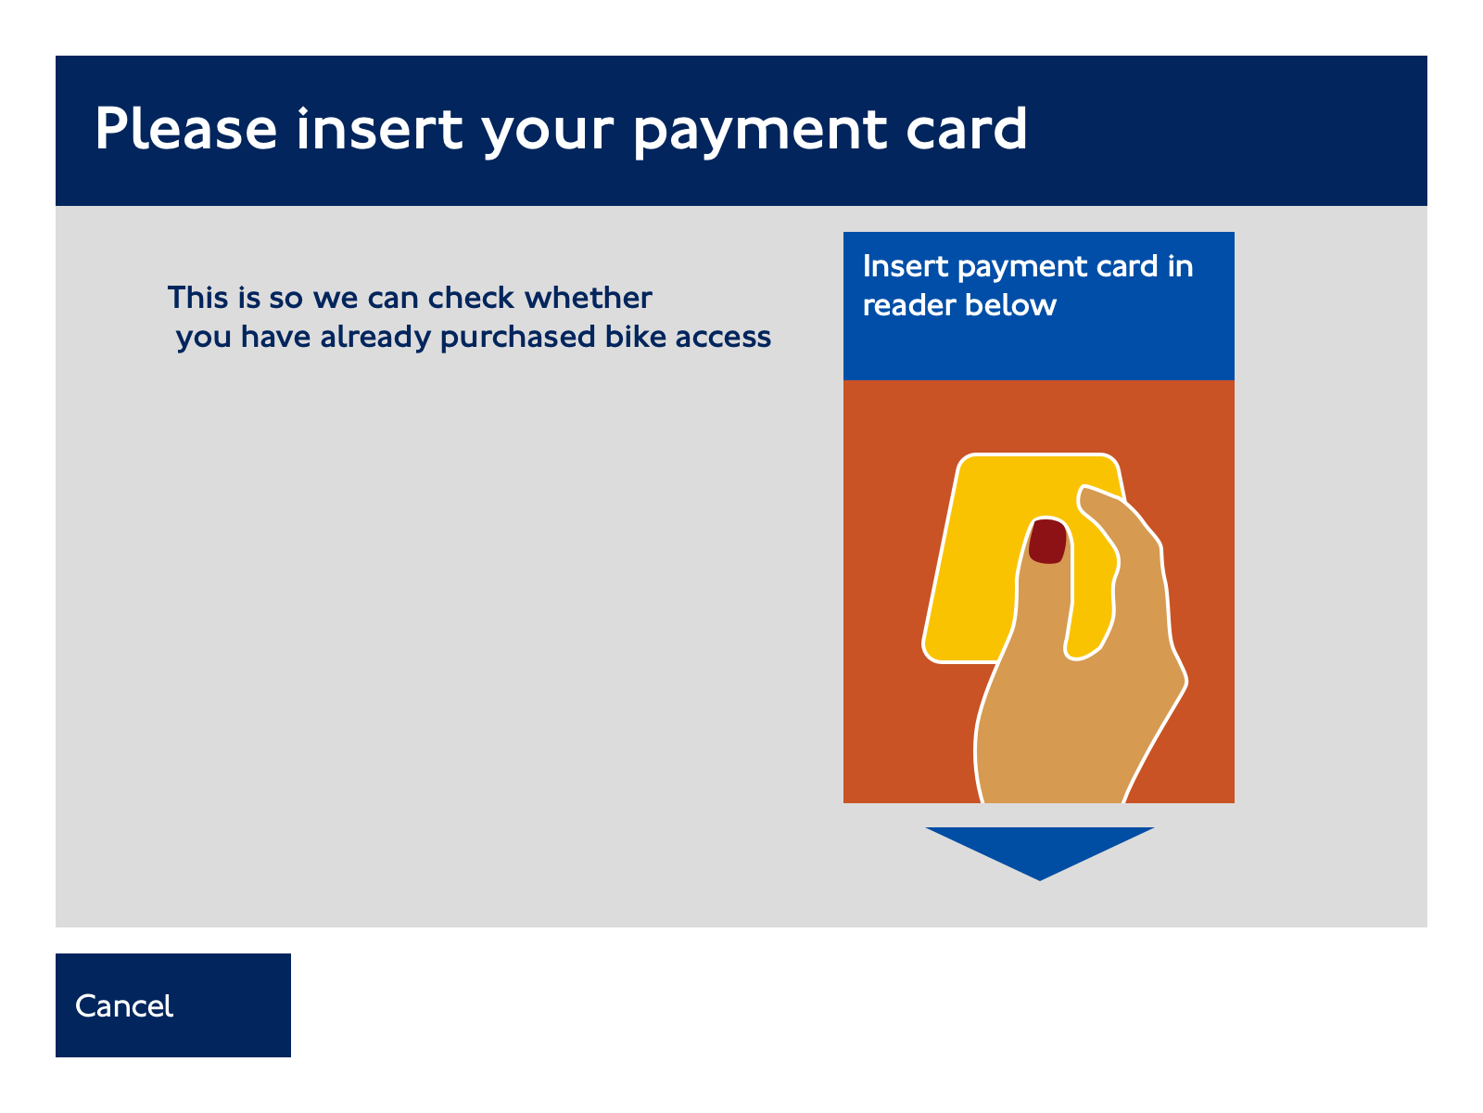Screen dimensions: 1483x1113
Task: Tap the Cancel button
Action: coord(173,1004)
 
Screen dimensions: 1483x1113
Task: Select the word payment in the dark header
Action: coord(760,133)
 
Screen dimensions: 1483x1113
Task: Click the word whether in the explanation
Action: coord(589,298)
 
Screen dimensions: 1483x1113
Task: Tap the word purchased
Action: coord(517,338)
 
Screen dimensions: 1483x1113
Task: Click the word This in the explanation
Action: coord(197,298)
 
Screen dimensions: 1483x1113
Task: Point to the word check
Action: coord(471,298)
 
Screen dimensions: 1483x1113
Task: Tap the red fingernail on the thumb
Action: coord(1047,541)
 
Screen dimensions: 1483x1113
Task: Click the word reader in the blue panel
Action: coord(908,305)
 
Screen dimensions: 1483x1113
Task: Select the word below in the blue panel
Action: coord(1010,305)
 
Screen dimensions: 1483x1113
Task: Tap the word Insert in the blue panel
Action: coord(906,266)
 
